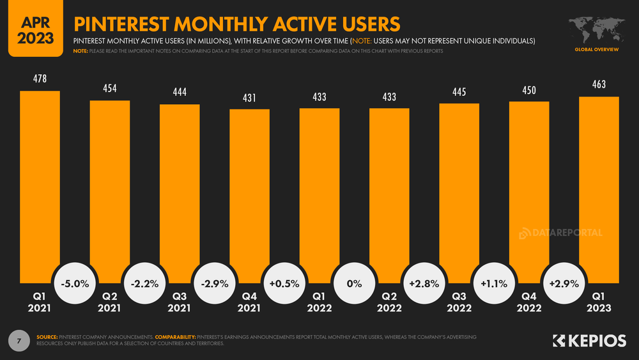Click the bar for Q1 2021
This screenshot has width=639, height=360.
pos(40,185)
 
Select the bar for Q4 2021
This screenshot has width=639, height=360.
pos(249,192)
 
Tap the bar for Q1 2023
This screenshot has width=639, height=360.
pos(599,189)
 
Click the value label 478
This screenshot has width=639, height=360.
pos(40,79)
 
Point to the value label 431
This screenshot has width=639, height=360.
pos(249,98)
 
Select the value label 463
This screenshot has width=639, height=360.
pos(599,85)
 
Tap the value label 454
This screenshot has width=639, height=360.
pos(109,89)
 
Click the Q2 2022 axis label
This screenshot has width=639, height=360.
pos(389,302)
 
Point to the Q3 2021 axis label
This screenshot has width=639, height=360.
pos(180,302)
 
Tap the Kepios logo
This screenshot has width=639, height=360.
pos(589,341)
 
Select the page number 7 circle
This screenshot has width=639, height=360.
pos(19,340)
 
